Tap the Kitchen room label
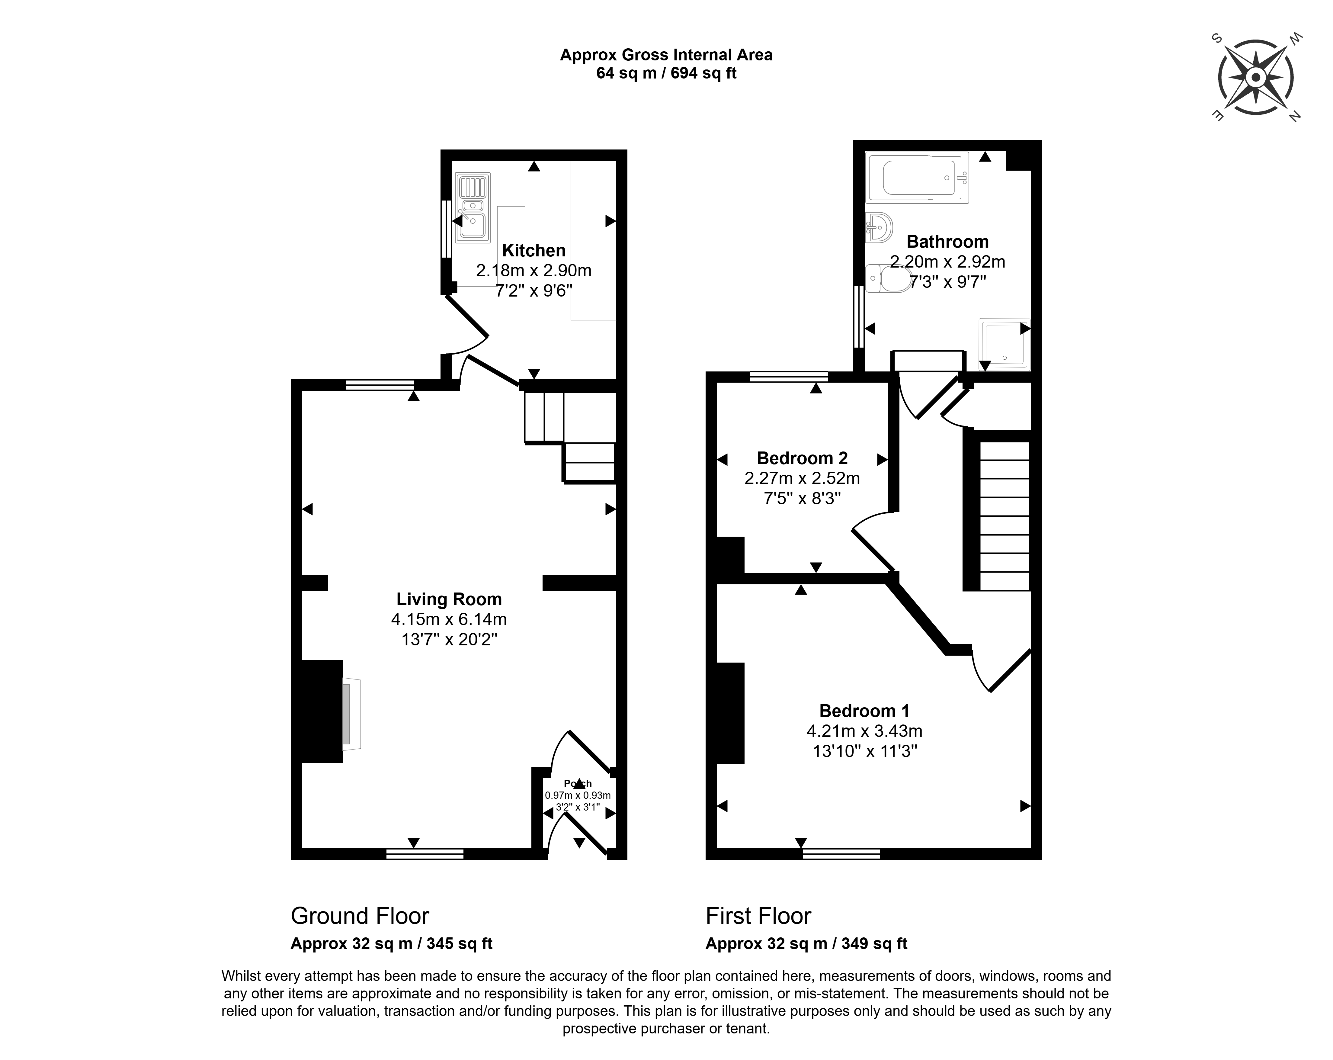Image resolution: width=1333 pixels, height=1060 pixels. [534, 250]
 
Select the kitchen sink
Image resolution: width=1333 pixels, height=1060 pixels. [473, 207]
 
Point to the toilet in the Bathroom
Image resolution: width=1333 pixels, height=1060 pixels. [888, 279]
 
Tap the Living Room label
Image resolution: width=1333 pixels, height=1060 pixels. [449, 599]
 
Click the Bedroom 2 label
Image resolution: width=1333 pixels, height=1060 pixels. [802, 458]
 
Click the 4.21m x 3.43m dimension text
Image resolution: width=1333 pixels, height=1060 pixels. [864, 731]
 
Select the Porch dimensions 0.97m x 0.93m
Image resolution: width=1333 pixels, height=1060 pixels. [578, 795]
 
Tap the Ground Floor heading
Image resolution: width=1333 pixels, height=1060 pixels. [360, 916]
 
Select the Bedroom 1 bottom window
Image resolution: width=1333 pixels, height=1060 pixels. [841, 854]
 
